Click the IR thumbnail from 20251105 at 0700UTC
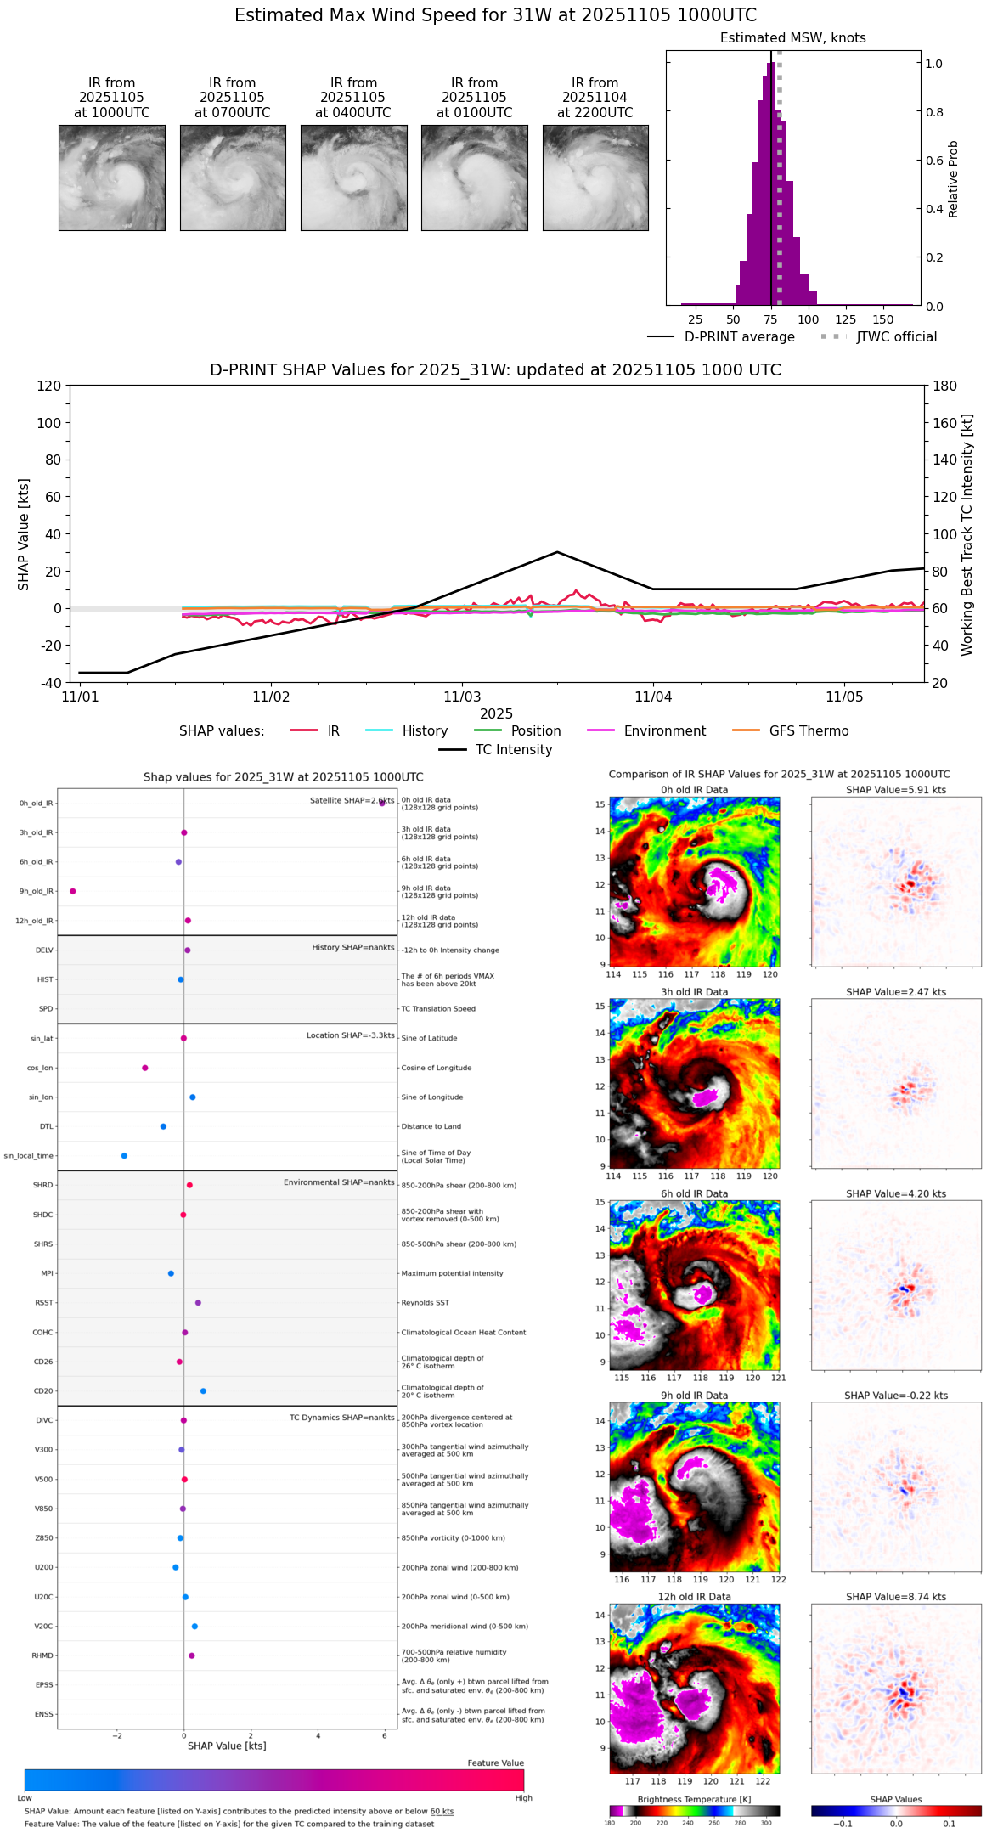[233, 178]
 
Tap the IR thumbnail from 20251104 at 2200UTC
[595, 178]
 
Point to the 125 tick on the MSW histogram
[846, 319]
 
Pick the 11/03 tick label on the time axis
[462, 697]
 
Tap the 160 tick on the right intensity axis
[945, 423]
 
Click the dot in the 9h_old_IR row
[73, 891]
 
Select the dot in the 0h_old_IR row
[382, 803]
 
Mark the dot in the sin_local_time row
[124, 1156]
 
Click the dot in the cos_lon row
[145, 1068]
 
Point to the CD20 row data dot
[203, 1391]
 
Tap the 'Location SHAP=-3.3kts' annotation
[350, 1035]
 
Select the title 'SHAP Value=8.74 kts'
[895, 1597]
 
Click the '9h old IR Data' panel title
[694, 1396]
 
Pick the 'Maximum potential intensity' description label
[452, 1273]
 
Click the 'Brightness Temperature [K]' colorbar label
[694, 1799]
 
